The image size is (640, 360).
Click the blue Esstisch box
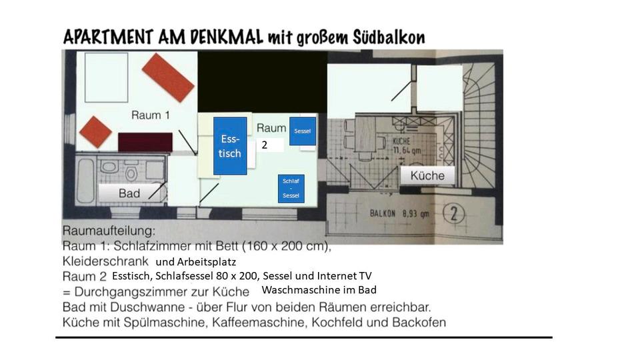coord(230,146)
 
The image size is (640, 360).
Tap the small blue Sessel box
coord(302,131)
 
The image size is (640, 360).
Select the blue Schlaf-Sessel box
coord(291,189)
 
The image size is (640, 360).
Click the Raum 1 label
coord(150,115)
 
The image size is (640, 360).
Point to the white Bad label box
coord(129,193)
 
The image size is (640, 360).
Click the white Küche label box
coord(427,175)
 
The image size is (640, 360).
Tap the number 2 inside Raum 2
coord(265,144)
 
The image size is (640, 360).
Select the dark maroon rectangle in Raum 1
coord(145,142)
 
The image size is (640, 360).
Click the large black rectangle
coord(262,81)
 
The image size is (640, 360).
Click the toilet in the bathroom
coord(131,173)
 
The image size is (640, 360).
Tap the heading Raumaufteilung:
coord(109,231)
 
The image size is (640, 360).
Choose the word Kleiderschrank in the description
coord(105,261)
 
